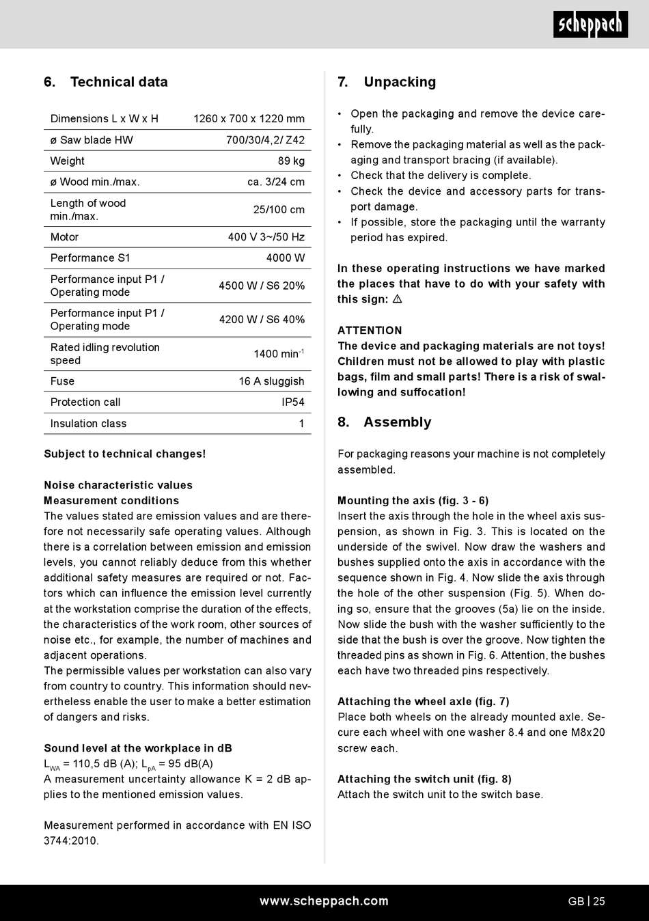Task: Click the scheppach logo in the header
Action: [x=590, y=25]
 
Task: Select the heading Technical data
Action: [x=119, y=82]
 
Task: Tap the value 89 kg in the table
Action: [x=292, y=161]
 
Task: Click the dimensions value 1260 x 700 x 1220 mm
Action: [x=249, y=119]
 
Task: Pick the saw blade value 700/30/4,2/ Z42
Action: [x=265, y=140]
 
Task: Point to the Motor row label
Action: [x=64, y=237]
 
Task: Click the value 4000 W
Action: [x=286, y=258]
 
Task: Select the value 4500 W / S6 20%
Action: [x=262, y=286]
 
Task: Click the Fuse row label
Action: [x=62, y=381]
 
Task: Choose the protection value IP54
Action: [x=293, y=402]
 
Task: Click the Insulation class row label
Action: [x=88, y=424]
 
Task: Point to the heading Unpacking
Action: [x=400, y=82]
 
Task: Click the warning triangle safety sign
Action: [x=397, y=299]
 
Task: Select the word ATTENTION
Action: [x=370, y=331]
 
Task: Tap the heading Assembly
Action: [x=397, y=422]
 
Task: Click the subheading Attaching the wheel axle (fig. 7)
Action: [x=423, y=702]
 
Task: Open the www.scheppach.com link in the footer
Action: [x=324, y=901]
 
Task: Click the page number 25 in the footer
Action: [x=598, y=901]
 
